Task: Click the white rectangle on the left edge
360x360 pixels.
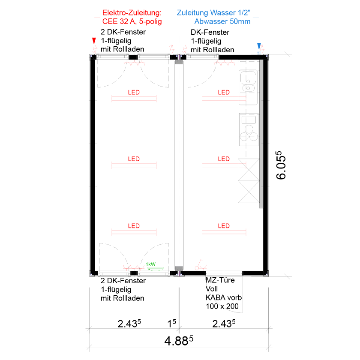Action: (34, 163)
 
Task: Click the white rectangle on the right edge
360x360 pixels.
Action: (327, 176)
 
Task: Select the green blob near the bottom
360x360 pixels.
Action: (153, 261)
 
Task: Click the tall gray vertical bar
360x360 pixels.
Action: (261, 133)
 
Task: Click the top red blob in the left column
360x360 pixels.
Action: (134, 103)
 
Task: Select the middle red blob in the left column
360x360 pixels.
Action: (134, 165)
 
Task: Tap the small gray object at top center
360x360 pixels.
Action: (179, 62)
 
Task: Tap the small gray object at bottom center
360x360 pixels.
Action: (179, 268)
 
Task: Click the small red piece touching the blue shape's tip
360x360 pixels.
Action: (266, 45)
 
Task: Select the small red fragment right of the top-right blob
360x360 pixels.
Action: (243, 99)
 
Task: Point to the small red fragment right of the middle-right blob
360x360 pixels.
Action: (243, 165)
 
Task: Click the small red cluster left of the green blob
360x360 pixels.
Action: (131, 266)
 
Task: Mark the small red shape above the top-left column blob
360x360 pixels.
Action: (134, 66)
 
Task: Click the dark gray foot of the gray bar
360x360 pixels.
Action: (258, 210)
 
